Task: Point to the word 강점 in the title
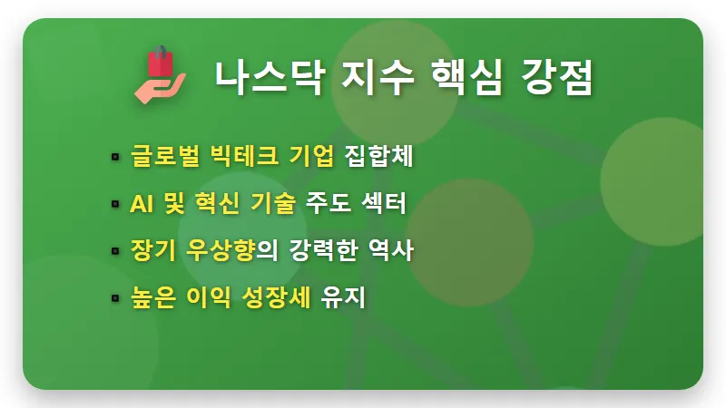[557, 75]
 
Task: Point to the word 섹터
[380, 203]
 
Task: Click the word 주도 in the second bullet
[329, 203]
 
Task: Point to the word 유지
[345, 297]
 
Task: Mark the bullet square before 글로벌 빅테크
[114, 156]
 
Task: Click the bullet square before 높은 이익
[114, 298]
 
